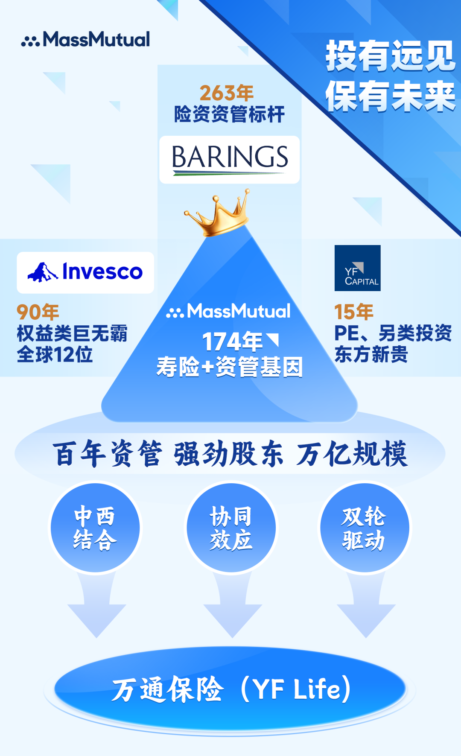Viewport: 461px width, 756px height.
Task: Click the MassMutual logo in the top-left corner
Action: (x=85, y=39)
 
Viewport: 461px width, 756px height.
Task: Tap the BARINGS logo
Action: (x=230, y=160)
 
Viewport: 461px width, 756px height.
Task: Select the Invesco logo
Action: (x=85, y=272)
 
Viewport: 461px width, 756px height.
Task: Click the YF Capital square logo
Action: (x=357, y=268)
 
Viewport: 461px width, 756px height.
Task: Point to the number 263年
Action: (x=226, y=93)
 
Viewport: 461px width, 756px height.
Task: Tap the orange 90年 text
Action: (x=38, y=312)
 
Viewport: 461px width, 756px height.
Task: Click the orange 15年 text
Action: (x=353, y=312)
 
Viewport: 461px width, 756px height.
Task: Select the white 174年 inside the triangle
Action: (x=233, y=342)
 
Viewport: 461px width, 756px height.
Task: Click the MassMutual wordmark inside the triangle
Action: (x=229, y=311)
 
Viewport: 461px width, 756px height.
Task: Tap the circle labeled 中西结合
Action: (x=95, y=528)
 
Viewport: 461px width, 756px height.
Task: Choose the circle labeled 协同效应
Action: (x=231, y=528)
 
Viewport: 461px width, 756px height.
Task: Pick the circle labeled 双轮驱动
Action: (x=364, y=528)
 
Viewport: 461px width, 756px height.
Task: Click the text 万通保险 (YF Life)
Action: (x=231, y=689)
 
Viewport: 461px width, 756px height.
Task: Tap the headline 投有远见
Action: (x=391, y=56)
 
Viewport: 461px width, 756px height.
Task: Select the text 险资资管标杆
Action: (x=229, y=114)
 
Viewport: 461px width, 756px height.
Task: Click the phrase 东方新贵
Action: (x=371, y=354)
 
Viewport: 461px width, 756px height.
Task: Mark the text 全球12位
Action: (x=55, y=355)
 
